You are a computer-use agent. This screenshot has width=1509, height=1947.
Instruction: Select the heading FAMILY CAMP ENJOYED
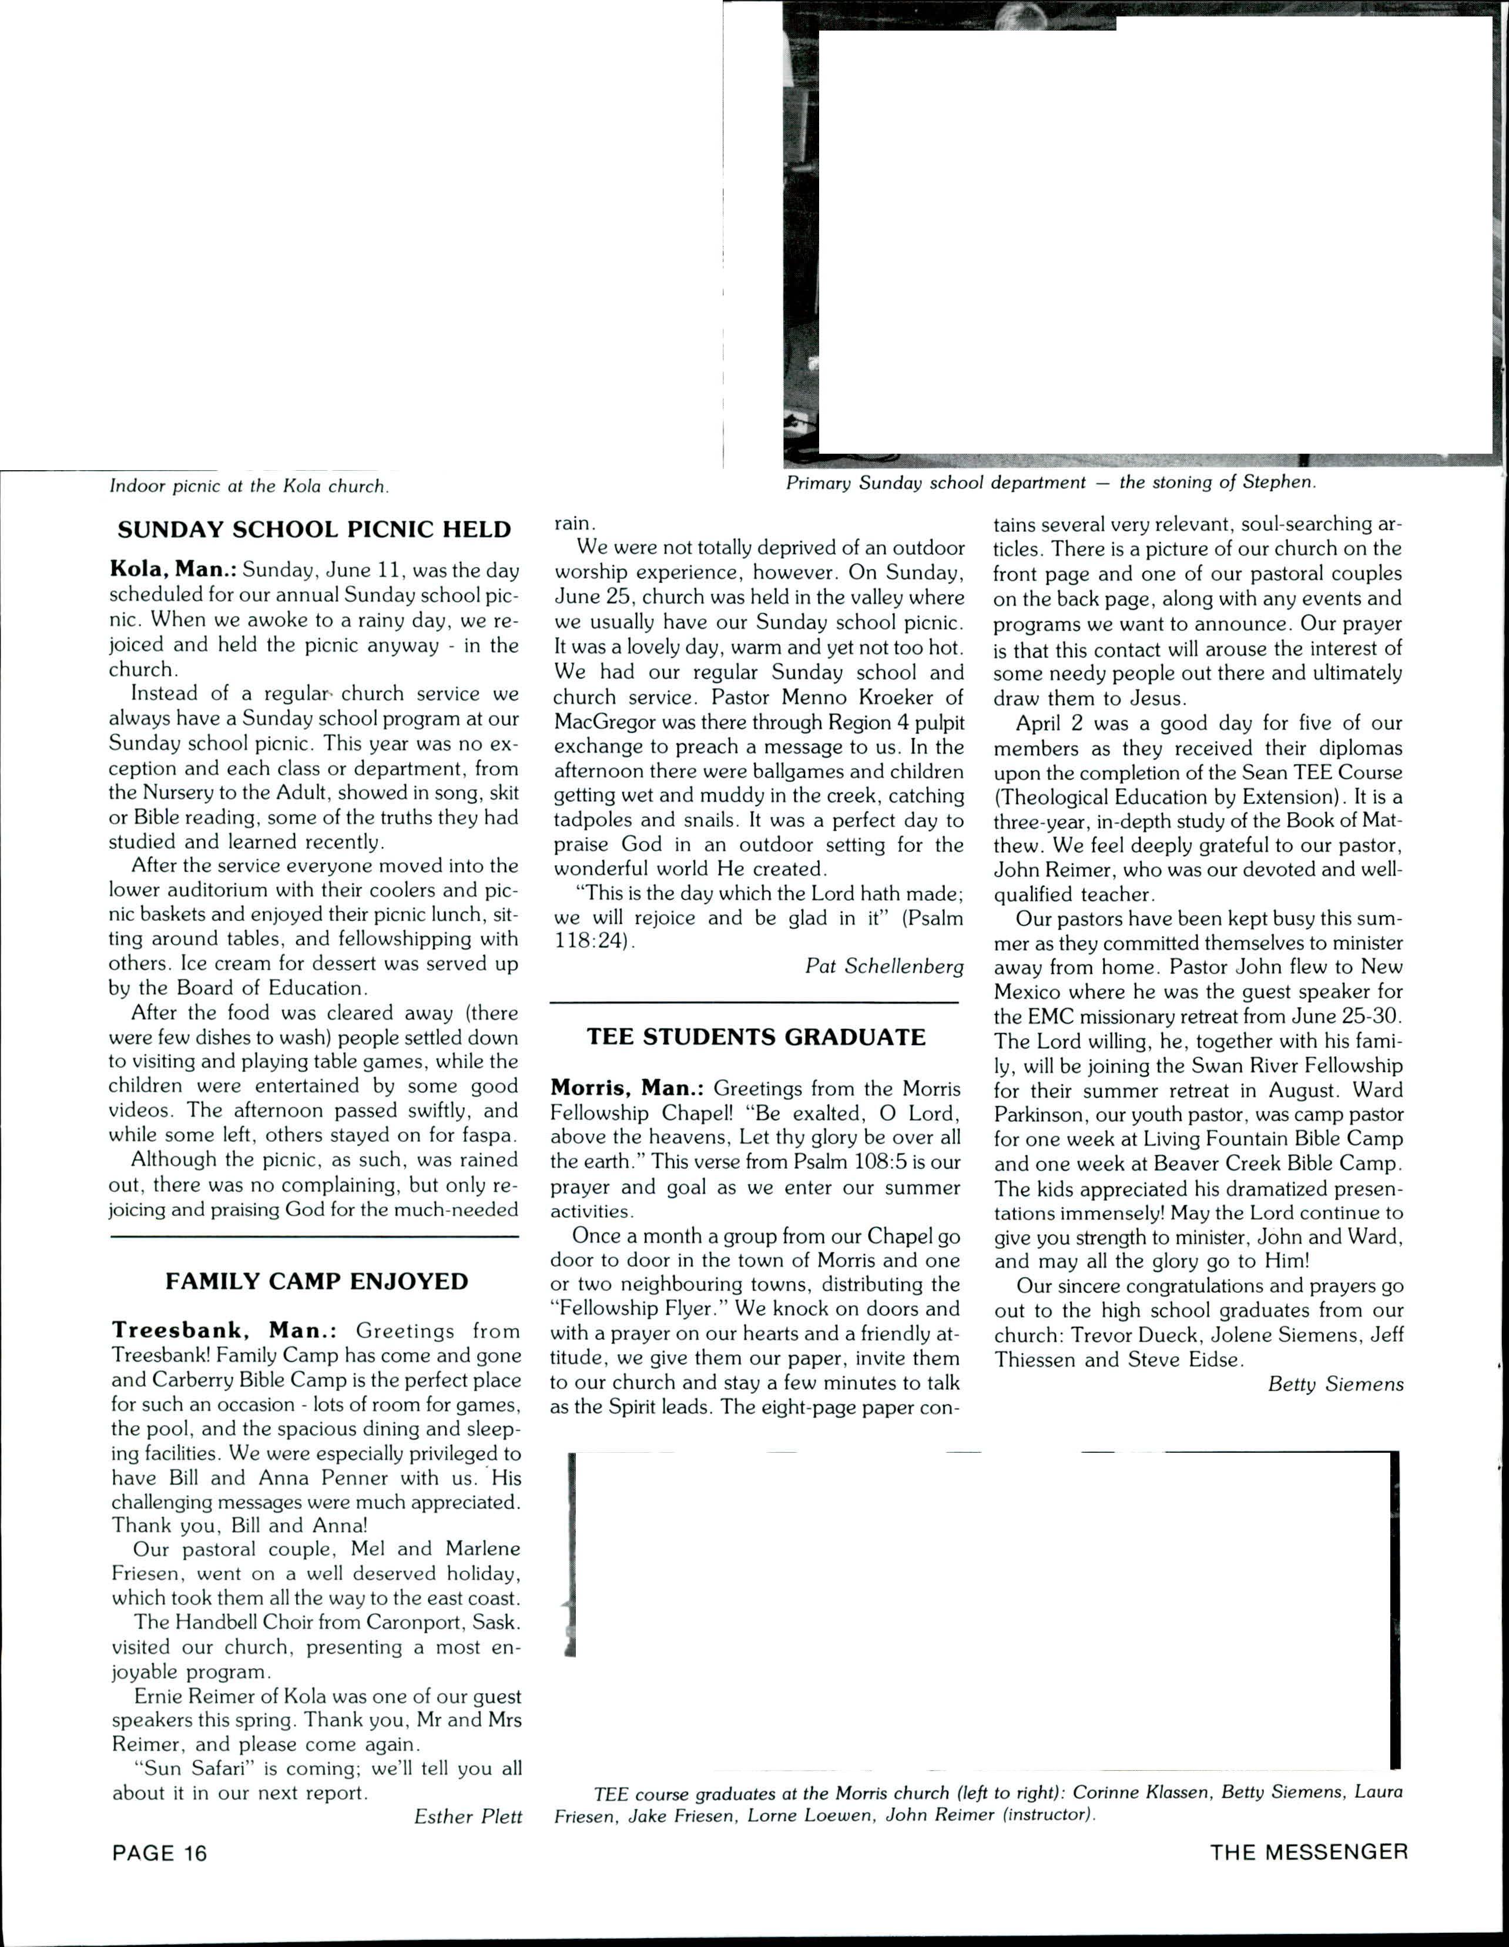click(316, 1282)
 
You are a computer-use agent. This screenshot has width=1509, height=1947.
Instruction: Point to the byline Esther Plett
click(468, 1817)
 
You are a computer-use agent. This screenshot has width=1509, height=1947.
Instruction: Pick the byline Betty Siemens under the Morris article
click(1335, 1385)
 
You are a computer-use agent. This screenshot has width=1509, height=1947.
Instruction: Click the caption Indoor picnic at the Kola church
click(249, 487)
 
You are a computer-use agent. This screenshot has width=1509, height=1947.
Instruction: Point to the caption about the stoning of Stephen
click(1050, 483)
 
